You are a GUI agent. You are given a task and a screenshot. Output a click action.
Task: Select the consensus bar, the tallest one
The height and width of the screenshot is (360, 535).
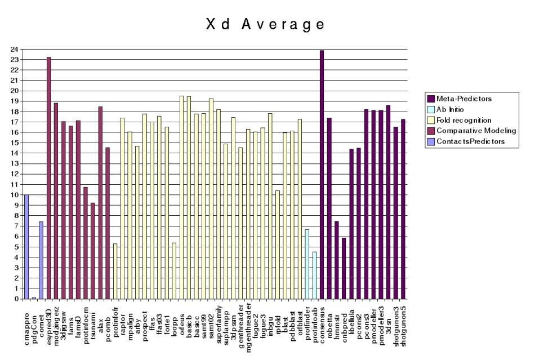click(322, 175)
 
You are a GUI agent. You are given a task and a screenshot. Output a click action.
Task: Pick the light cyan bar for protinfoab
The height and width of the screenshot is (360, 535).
click(314, 275)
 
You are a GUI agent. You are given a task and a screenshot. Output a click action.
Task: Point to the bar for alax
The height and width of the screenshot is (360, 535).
click(100, 203)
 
